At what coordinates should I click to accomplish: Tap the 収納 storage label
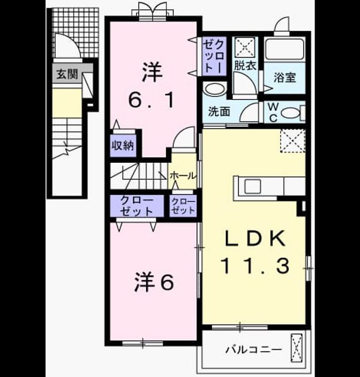123,145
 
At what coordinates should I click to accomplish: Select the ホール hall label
183,176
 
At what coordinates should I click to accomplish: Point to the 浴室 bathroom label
285,77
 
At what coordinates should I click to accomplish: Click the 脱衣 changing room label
245,65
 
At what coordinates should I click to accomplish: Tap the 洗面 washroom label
219,111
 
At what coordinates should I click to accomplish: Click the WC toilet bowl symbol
290,113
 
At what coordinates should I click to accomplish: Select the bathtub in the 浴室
285,49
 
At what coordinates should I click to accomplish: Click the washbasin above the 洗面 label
214,90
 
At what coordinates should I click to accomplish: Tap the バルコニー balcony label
253,349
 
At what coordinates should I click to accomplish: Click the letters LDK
255,238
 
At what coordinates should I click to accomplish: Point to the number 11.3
255,266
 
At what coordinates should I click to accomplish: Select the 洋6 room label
154,282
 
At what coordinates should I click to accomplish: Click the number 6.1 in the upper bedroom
152,100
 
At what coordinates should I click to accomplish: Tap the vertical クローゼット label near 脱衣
214,56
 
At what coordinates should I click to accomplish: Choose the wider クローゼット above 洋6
137,206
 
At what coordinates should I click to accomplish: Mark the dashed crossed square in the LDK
293,141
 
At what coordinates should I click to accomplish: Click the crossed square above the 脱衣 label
245,47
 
